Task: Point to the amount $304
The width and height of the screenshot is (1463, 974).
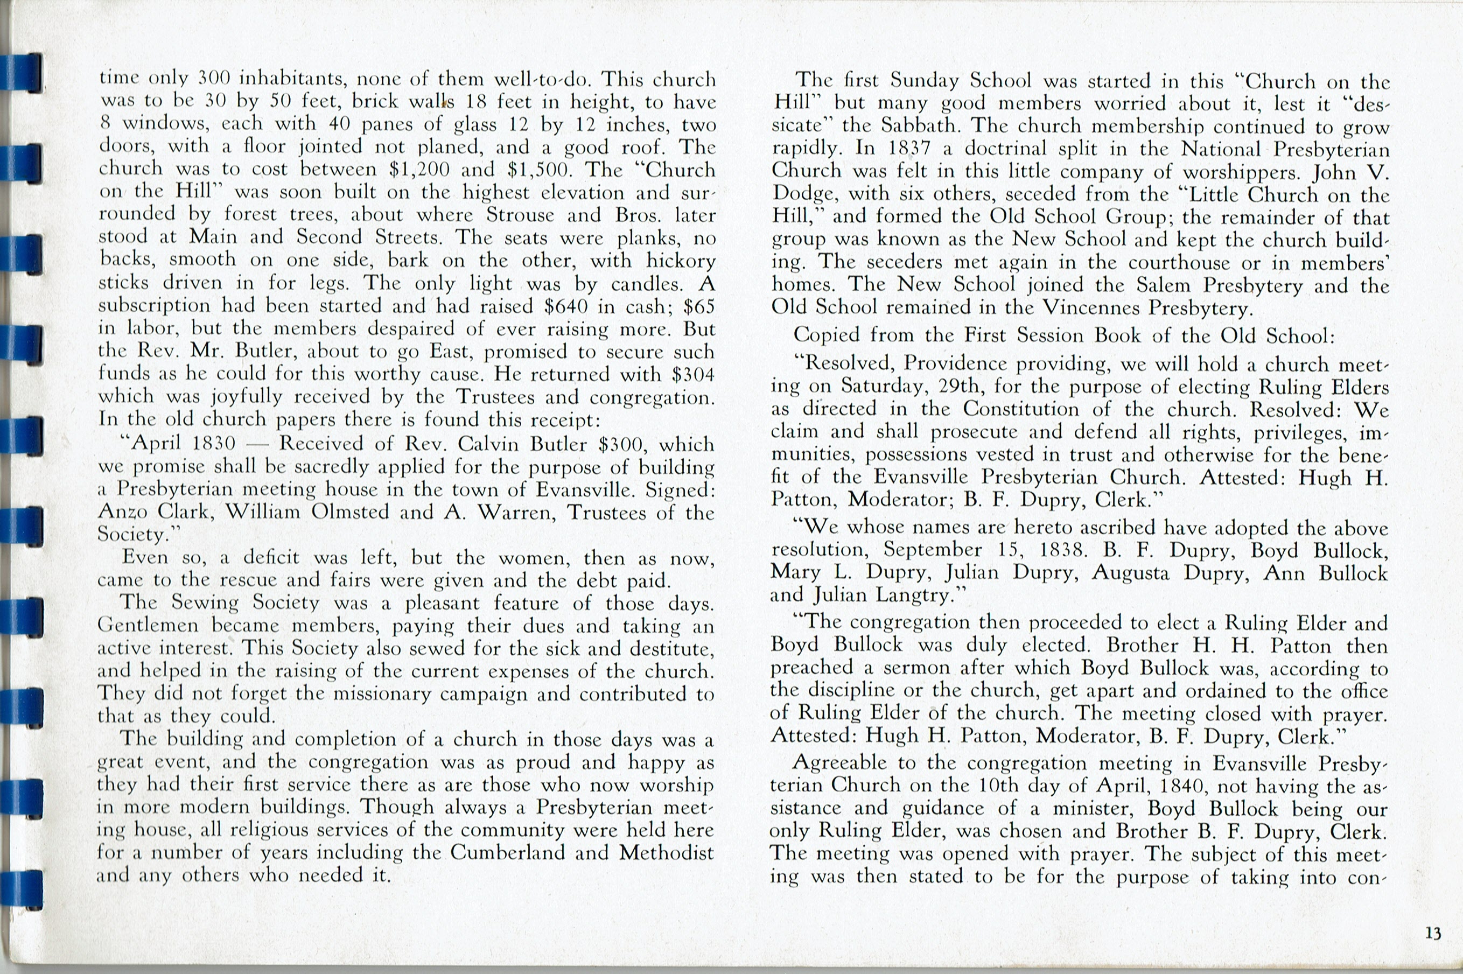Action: point(692,375)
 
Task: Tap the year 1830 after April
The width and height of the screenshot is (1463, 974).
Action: point(214,444)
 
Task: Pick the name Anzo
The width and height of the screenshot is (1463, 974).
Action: point(122,512)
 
